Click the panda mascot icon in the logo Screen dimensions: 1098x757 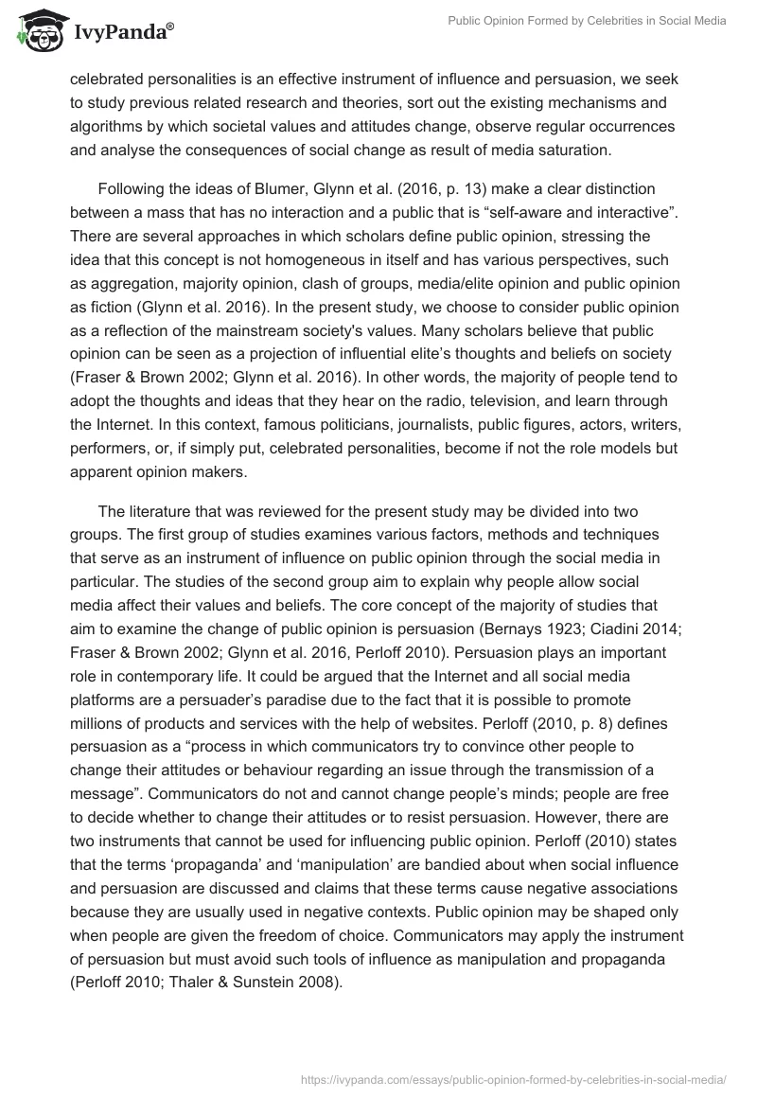coord(36,30)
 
